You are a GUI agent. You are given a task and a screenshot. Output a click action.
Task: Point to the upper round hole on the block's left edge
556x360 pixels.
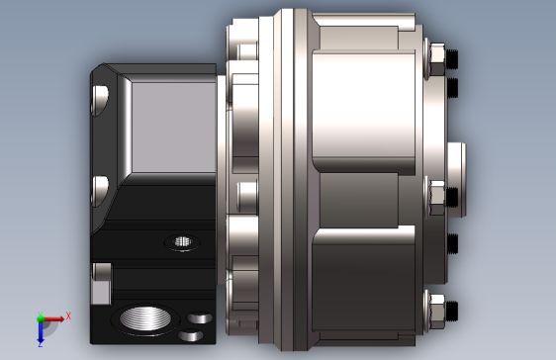pos(100,98)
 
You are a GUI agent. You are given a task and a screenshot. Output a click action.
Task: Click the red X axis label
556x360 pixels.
pos(68,316)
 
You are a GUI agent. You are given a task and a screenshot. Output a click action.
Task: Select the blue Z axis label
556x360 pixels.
pos(41,343)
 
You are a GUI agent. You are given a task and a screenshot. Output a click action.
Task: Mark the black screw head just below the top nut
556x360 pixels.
pos(453,92)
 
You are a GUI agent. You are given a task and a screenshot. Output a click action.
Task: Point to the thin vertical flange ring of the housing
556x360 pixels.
pos(288,178)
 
